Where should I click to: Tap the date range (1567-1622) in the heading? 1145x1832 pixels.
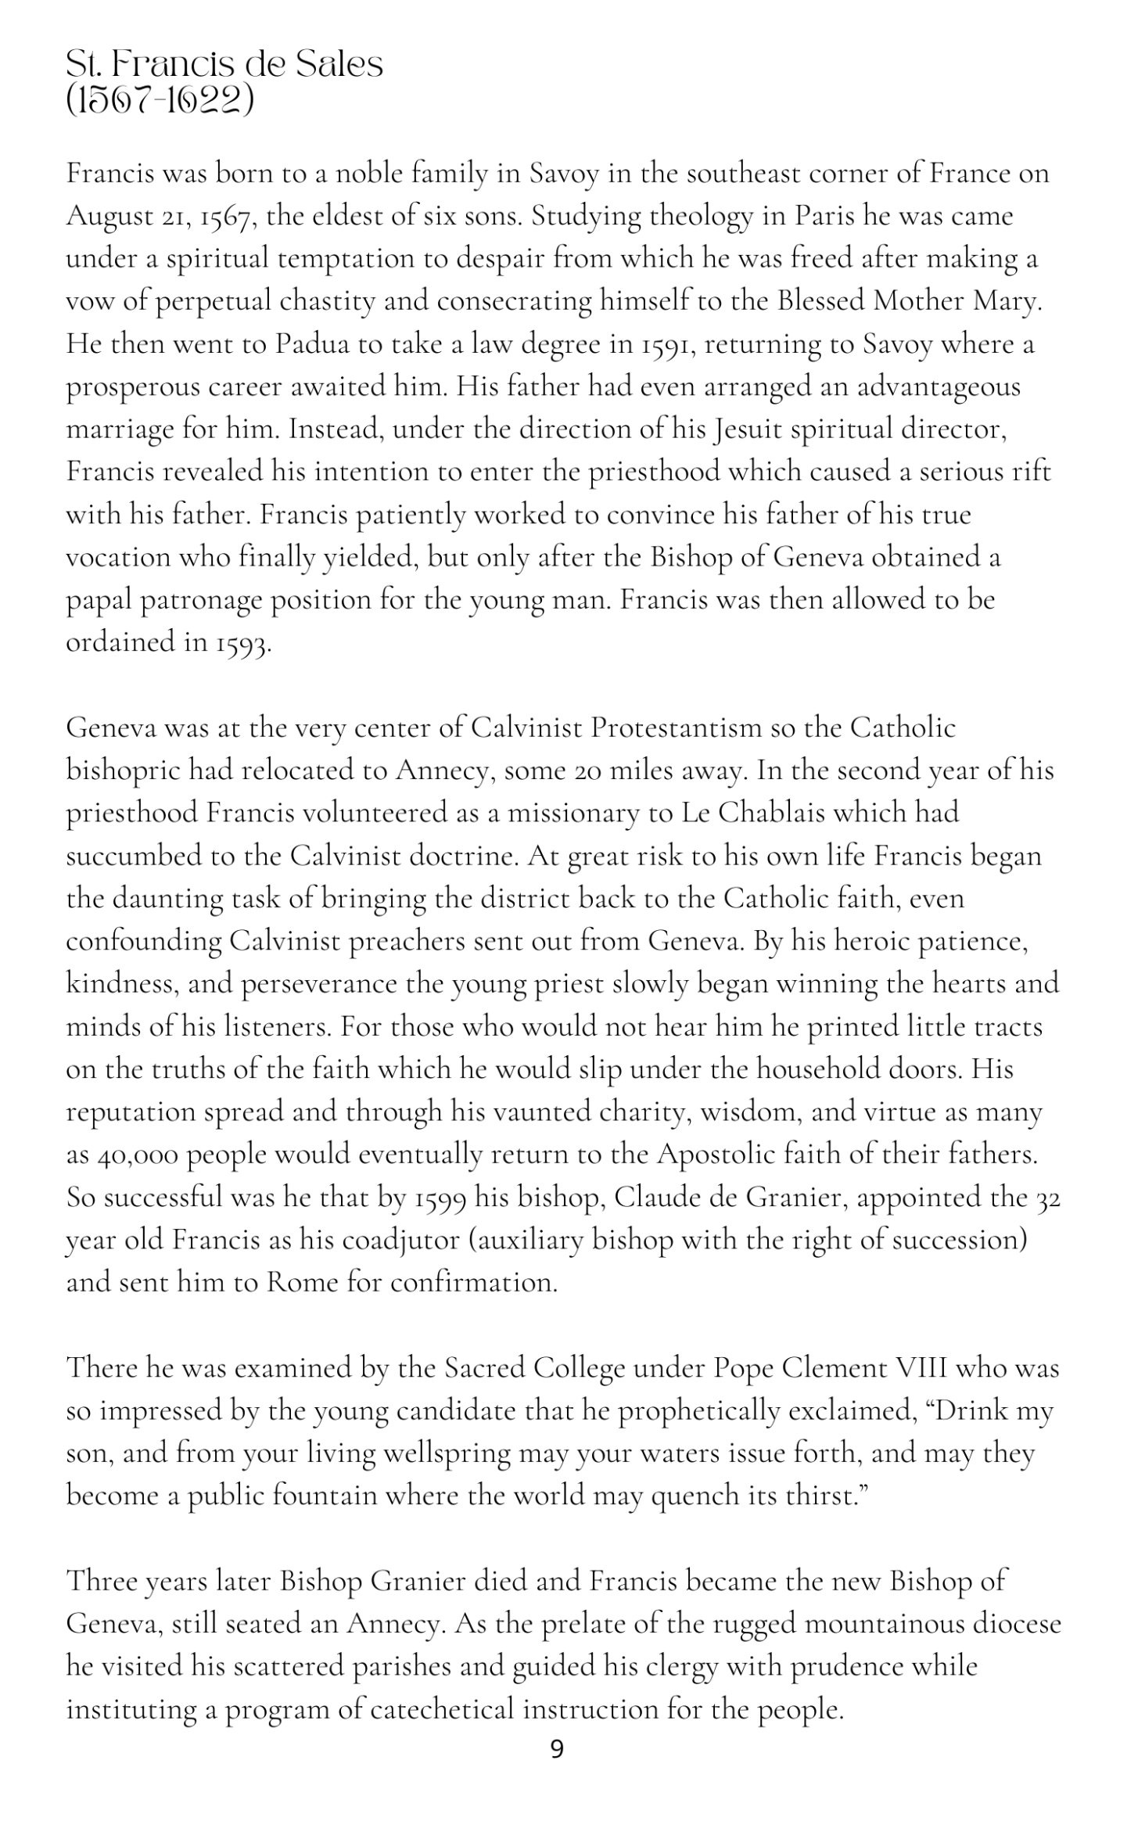pos(160,102)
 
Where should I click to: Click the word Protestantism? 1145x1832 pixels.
pos(676,728)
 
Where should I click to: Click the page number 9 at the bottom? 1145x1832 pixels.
pos(557,1750)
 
